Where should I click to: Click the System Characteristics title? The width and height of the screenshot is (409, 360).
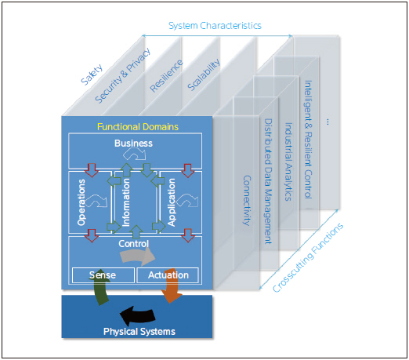click(x=215, y=26)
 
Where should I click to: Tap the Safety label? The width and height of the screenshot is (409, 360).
click(x=92, y=75)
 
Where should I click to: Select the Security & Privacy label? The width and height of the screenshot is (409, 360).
click(x=123, y=75)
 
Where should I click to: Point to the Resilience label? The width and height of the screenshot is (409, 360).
click(x=166, y=76)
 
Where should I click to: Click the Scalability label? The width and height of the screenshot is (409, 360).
click(x=204, y=75)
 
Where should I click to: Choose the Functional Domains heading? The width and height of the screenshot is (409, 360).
click(x=138, y=127)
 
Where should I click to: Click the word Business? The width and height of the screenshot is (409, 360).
click(x=133, y=144)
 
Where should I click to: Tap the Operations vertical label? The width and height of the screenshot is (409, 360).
click(x=81, y=202)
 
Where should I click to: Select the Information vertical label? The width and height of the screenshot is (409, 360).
click(x=126, y=202)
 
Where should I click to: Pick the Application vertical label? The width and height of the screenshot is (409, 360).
click(x=172, y=202)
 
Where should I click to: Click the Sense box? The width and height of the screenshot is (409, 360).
click(x=103, y=275)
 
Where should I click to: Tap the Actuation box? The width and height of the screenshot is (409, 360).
click(x=168, y=275)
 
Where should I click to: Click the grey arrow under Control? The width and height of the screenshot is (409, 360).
click(x=138, y=256)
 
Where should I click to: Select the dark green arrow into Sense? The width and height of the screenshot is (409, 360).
click(x=101, y=287)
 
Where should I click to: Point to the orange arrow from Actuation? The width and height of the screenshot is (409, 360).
click(x=171, y=286)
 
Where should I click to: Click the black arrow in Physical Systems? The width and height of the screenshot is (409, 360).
click(x=137, y=315)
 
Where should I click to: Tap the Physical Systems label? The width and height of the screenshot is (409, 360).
click(x=139, y=332)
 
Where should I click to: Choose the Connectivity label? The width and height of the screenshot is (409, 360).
click(x=247, y=201)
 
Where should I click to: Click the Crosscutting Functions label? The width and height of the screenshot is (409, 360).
click(x=308, y=258)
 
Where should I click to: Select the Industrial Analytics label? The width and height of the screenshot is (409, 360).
click(x=288, y=162)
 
